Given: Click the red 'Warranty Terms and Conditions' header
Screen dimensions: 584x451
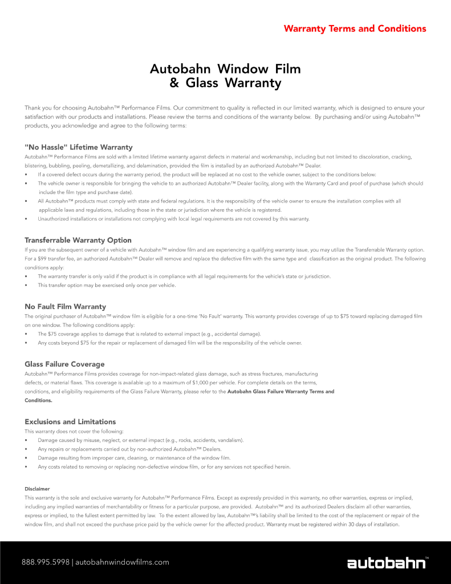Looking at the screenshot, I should click(355, 29).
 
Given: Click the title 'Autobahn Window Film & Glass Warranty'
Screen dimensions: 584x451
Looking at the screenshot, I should click(225, 76).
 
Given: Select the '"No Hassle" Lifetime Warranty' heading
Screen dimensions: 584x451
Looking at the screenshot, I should click(78, 147).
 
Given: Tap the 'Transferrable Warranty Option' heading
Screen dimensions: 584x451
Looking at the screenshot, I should click(78, 240).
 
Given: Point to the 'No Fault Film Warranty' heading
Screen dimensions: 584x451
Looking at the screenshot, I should click(65, 307).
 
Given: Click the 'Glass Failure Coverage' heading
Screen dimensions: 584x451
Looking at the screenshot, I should click(64, 364).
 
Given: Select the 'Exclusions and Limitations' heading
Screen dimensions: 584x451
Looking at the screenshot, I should click(70, 421).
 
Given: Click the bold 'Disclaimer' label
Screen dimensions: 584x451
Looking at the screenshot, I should click(37, 489).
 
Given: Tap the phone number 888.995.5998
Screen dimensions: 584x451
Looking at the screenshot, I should click(45, 562).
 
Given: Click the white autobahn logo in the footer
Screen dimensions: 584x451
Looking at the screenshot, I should click(387, 563).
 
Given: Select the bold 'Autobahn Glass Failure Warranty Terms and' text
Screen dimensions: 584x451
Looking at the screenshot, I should click(281, 391).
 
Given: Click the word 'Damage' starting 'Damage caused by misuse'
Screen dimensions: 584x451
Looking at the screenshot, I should click(47, 440).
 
